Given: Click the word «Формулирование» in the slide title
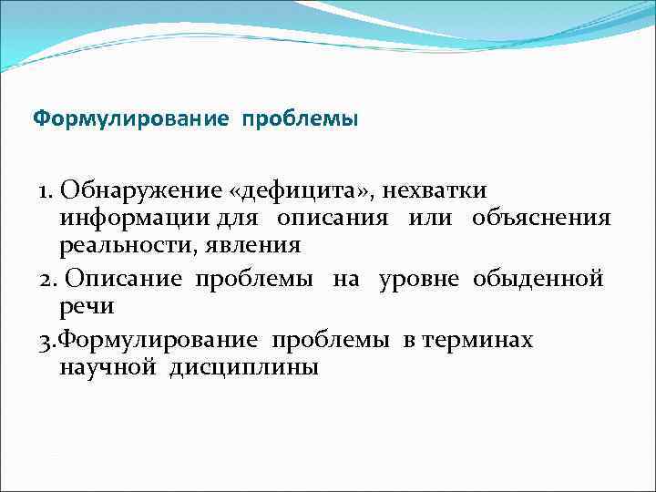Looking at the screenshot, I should click(131, 119).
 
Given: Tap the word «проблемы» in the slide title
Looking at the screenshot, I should click(300, 119).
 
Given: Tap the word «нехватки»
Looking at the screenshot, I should click(435, 191).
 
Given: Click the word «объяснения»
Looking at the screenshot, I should click(541, 220).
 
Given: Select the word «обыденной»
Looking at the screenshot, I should click(538, 279).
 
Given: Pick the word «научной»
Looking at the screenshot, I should click(108, 368).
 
